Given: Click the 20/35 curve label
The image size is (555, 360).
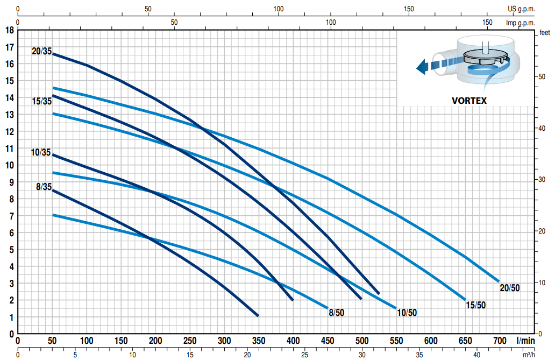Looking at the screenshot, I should pos(41,52).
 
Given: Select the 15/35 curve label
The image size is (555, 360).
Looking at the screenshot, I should pos(41,101).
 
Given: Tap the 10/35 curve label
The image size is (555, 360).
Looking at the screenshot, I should pos(41,153).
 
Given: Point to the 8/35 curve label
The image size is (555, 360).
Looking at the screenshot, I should pos(44,187).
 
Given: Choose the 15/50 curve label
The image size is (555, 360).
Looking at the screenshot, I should pos(475,305).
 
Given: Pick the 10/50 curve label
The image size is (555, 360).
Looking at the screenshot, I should pos(406,313).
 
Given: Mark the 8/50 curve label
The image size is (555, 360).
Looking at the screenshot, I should pos(337,312).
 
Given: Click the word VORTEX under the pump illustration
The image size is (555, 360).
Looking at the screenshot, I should pos(469,101).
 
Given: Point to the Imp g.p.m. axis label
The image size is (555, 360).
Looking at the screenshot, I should pos(521,23).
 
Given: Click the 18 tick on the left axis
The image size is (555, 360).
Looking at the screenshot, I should pos(9,30).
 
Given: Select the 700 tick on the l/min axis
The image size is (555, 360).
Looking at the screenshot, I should pos(500,341).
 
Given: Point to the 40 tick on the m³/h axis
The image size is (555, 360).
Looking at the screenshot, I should pos(476,355).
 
